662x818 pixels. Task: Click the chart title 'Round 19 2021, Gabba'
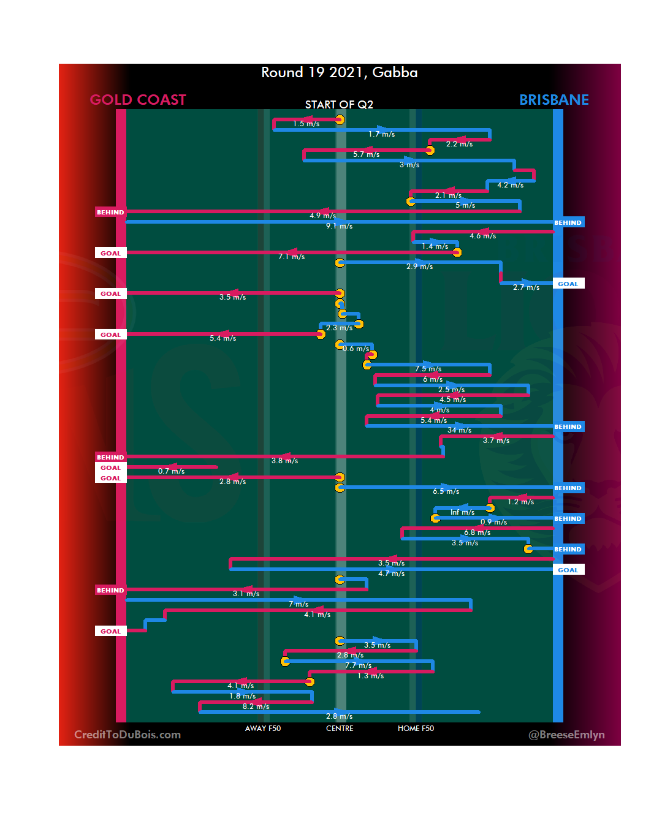click(x=339, y=73)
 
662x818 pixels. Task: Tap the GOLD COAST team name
click(x=138, y=100)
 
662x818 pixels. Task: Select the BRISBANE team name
click(x=554, y=100)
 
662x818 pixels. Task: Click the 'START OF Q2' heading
click(x=339, y=105)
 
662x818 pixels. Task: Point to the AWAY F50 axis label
click(x=263, y=729)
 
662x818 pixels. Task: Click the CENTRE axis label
click(x=340, y=729)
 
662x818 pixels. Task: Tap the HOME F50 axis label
click(x=416, y=729)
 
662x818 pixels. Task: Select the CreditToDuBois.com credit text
click(x=127, y=735)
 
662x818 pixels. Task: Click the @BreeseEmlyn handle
click(x=566, y=735)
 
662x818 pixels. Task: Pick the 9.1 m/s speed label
click(x=339, y=226)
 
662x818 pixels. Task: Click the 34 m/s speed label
click(x=459, y=430)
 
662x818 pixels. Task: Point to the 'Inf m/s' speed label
click(x=462, y=512)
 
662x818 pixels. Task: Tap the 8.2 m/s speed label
click(x=256, y=706)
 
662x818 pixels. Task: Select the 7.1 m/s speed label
click(x=291, y=257)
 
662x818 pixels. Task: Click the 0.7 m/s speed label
click(x=171, y=471)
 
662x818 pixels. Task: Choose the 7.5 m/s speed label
click(x=428, y=369)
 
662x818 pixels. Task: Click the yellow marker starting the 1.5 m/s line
click(x=340, y=119)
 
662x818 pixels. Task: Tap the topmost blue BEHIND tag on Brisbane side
click(x=568, y=223)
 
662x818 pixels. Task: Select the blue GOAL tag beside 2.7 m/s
click(x=568, y=284)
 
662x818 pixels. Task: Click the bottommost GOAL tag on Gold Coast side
click(x=110, y=631)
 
